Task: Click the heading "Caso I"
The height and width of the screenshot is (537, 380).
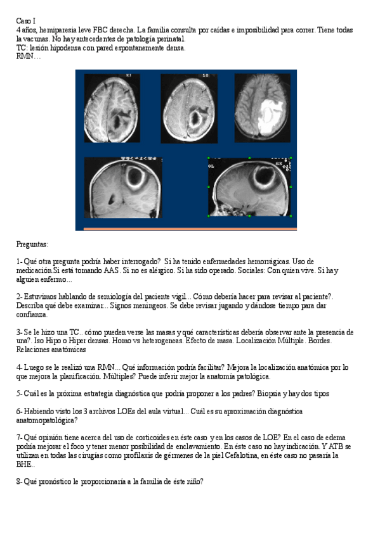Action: tap(26, 21)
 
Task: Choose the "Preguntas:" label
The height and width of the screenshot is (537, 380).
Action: tap(32, 244)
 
